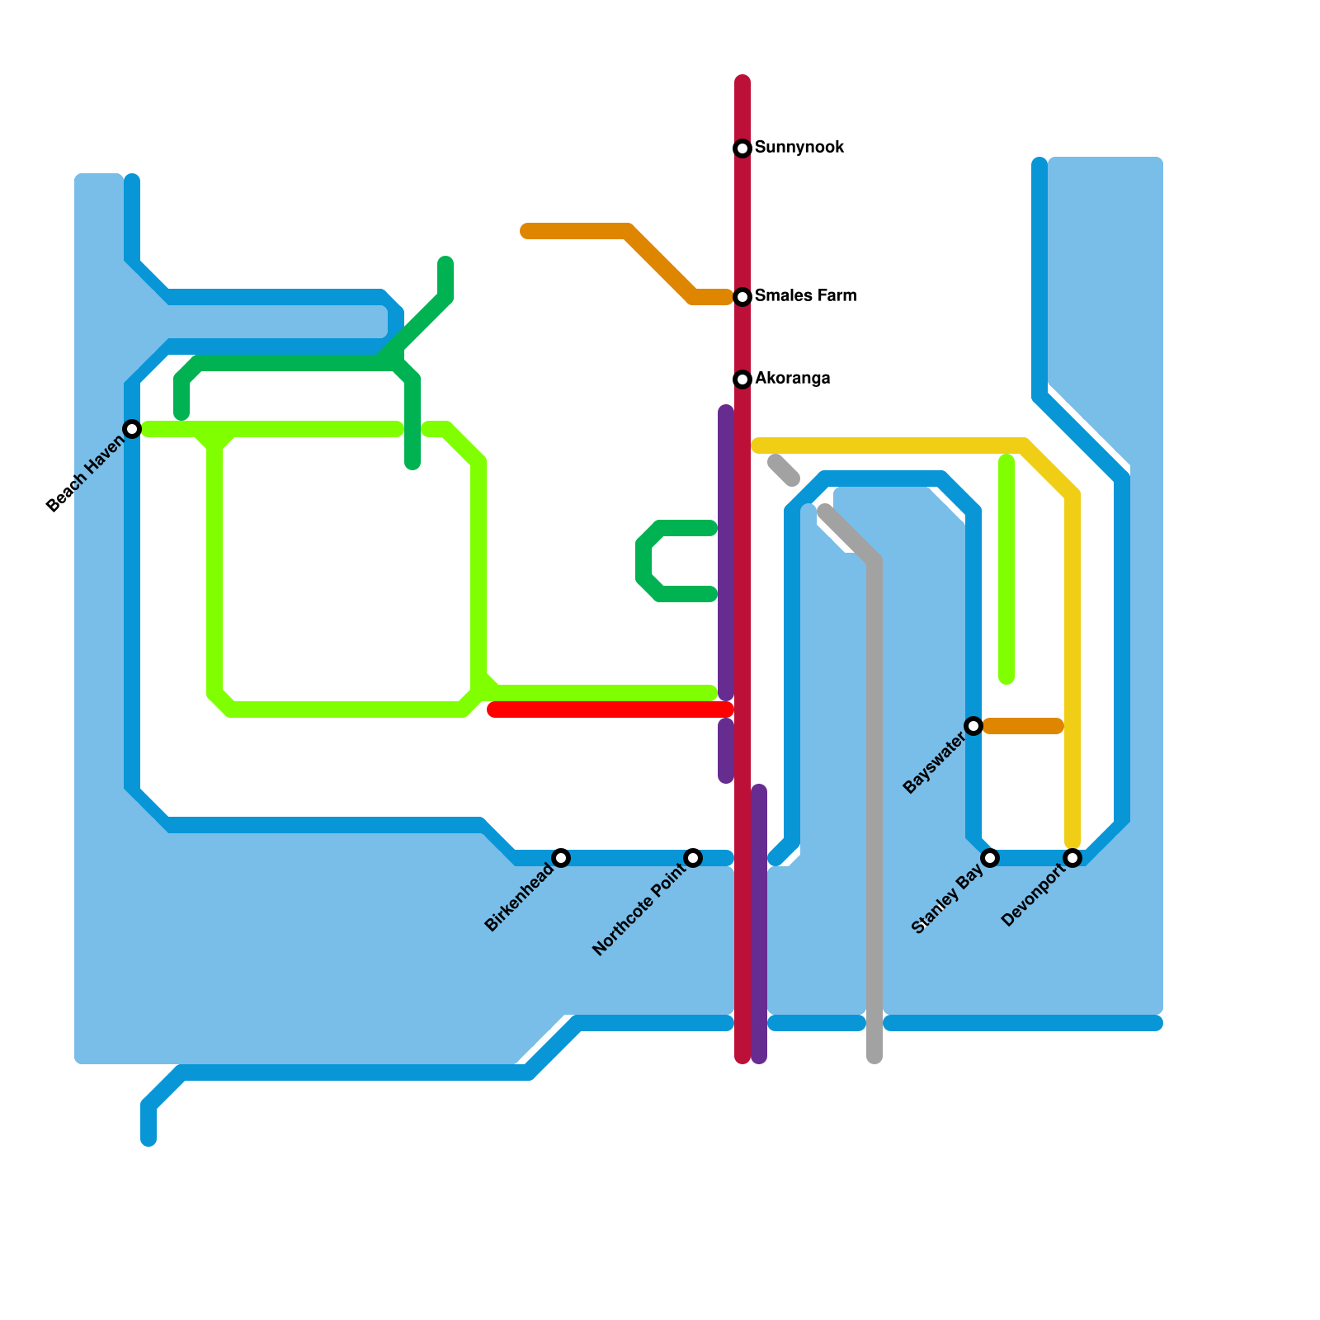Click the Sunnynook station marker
click(x=742, y=148)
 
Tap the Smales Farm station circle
click(x=742, y=297)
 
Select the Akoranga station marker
click(x=742, y=379)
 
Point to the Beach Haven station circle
click(x=132, y=429)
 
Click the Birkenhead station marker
click(x=561, y=858)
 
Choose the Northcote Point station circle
click(x=693, y=858)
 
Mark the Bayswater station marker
click(x=973, y=726)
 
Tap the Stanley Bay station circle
click(x=990, y=858)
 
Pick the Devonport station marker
click(x=1072, y=858)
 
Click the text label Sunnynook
click(x=799, y=148)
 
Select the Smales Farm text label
click(x=805, y=296)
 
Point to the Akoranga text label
click(x=792, y=379)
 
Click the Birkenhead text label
click(x=519, y=898)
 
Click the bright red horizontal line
click(x=610, y=709)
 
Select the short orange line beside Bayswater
click(x=1023, y=726)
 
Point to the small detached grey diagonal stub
click(x=784, y=470)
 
